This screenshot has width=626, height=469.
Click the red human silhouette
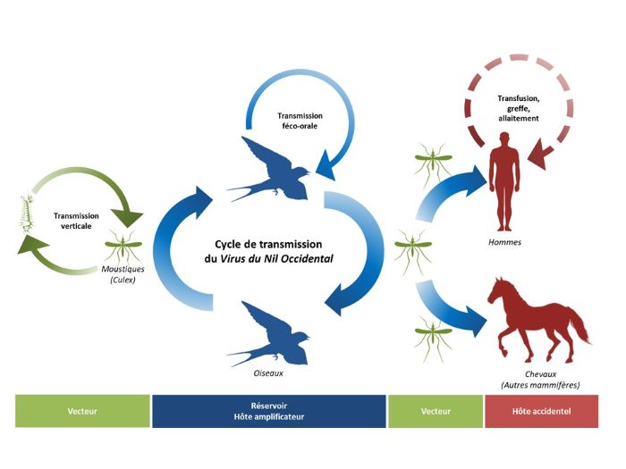click(x=506, y=183)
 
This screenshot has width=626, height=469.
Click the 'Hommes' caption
click(x=505, y=242)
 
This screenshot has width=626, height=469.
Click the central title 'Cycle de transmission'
click(x=268, y=244)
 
